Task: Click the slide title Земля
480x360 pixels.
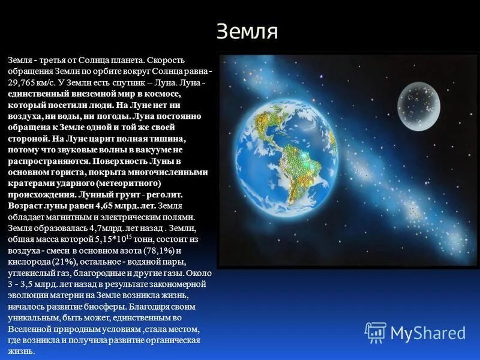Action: tap(247, 32)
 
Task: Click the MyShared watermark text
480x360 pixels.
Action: tap(428, 332)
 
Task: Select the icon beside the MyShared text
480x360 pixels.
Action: tap(376, 332)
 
